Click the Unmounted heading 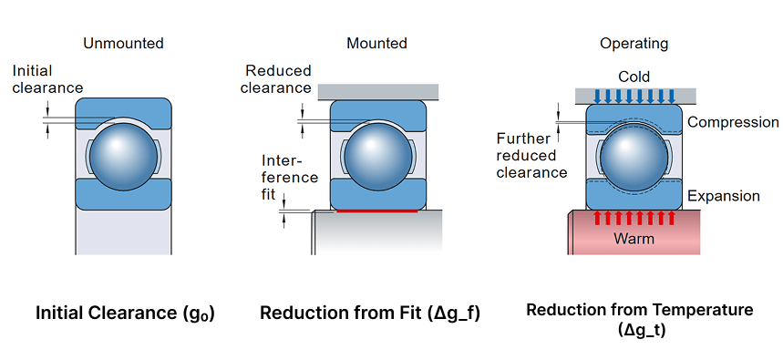click(x=123, y=44)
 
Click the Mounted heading click(x=377, y=44)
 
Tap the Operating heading click(x=634, y=44)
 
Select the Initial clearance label click(x=47, y=79)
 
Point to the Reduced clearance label click(x=275, y=79)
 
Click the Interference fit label click(x=290, y=177)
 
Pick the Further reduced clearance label click(x=531, y=155)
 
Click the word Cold click(x=634, y=77)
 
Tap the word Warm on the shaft click(x=634, y=239)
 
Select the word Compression click(x=734, y=122)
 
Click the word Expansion click(x=724, y=196)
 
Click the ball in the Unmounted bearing click(x=123, y=155)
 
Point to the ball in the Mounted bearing click(x=377, y=157)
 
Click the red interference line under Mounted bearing click(x=377, y=211)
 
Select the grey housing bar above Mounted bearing click(x=378, y=91)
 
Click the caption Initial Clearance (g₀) click(x=125, y=314)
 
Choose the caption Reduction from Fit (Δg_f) click(x=370, y=314)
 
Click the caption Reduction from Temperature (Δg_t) click(x=640, y=320)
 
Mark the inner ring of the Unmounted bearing click(x=123, y=196)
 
